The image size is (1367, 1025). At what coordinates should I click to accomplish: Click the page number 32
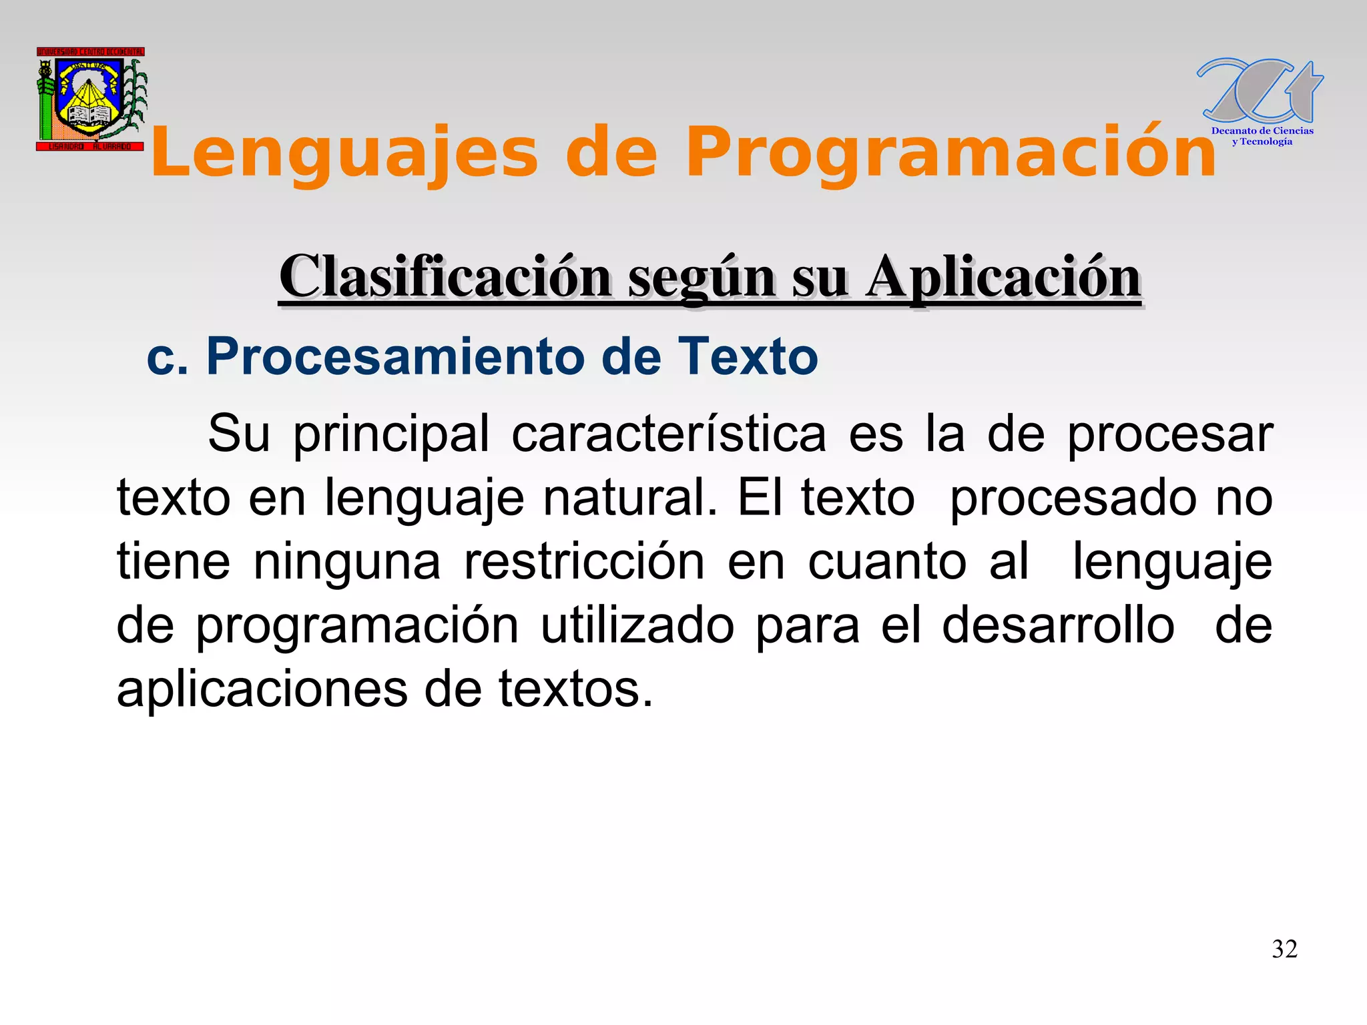click(x=1284, y=949)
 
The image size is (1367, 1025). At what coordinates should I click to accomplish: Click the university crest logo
click(x=91, y=99)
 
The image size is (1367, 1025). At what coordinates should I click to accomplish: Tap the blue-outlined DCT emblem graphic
click(x=1260, y=91)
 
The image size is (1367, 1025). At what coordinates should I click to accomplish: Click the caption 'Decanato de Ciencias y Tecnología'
click(x=1262, y=136)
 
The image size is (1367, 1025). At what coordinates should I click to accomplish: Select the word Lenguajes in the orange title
click(x=344, y=153)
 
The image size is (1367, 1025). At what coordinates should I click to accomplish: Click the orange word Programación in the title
click(x=950, y=153)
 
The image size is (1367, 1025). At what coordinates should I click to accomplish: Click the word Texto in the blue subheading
click(x=748, y=356)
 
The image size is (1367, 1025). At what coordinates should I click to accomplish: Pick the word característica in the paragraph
click(x=669, y=435)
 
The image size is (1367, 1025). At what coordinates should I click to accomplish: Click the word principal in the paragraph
click(x=391, y=435)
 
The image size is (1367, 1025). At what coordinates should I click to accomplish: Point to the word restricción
click(x=584, y=562)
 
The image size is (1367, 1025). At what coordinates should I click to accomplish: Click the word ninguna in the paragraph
click(x=347, y=562)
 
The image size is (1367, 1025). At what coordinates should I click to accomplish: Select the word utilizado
click(x=637, y=626)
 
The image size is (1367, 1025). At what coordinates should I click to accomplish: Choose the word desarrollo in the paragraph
click(x=1058, y=626)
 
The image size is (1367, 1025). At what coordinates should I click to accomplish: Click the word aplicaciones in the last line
click(x=262, y=689)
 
